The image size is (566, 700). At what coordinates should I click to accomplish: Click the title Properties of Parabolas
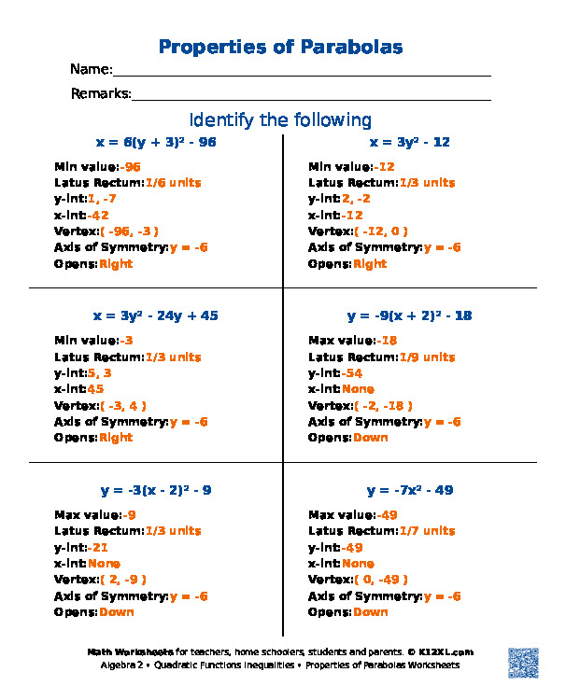pos(281,47)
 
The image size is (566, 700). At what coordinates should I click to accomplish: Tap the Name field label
pos(92,70)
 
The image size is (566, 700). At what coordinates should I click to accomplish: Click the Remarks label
pos(101,93)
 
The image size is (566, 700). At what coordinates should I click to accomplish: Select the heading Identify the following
pos(280,120)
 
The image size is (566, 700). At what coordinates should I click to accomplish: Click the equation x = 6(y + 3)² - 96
pos(156,143)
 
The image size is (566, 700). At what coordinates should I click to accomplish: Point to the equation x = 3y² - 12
pos(410,143)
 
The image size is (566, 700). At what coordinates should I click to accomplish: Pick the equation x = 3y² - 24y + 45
pos(156,316)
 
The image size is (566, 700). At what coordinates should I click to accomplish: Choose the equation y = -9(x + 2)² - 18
pos(410,316)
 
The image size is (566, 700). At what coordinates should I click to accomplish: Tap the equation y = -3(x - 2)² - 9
pos(156,490)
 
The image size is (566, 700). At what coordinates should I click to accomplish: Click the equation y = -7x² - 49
pos(410,490)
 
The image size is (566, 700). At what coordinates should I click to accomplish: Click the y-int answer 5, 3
pos(100,373)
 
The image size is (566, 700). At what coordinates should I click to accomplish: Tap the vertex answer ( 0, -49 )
pos(383,580)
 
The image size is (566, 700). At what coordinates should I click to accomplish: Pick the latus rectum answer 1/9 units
pos(427,357)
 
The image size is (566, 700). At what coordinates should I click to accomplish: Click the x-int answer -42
pos(98,216)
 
